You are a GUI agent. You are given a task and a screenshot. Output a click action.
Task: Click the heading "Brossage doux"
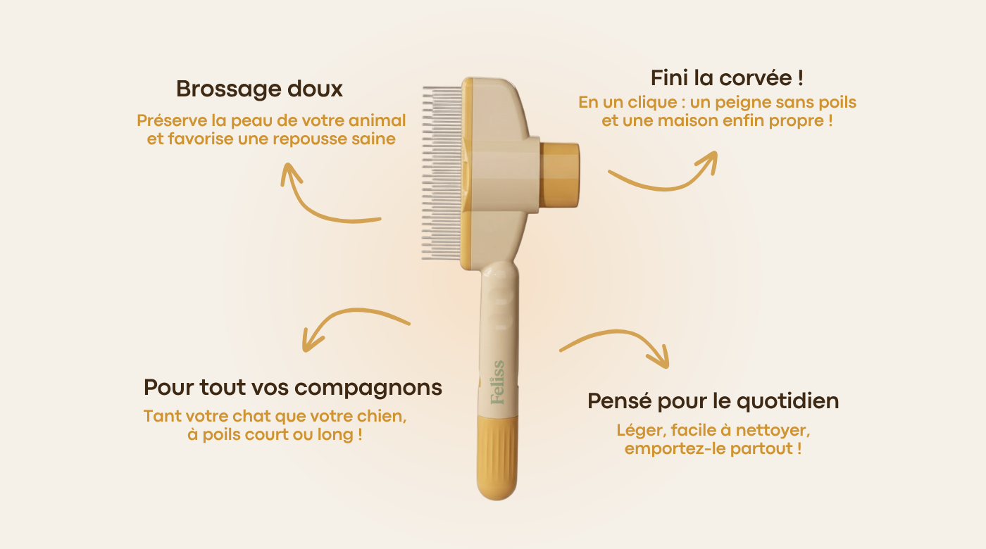259,89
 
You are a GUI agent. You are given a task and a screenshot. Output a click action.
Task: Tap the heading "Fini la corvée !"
727,78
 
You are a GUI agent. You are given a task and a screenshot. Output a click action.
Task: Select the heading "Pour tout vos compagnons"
293,388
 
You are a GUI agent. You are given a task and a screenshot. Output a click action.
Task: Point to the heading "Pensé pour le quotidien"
713,401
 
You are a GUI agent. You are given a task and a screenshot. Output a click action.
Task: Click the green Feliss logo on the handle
497,382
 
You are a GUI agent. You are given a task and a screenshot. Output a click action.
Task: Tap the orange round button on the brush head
559,175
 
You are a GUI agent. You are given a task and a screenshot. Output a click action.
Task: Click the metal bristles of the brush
442,172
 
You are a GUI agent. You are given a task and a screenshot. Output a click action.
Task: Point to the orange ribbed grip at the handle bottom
497,458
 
